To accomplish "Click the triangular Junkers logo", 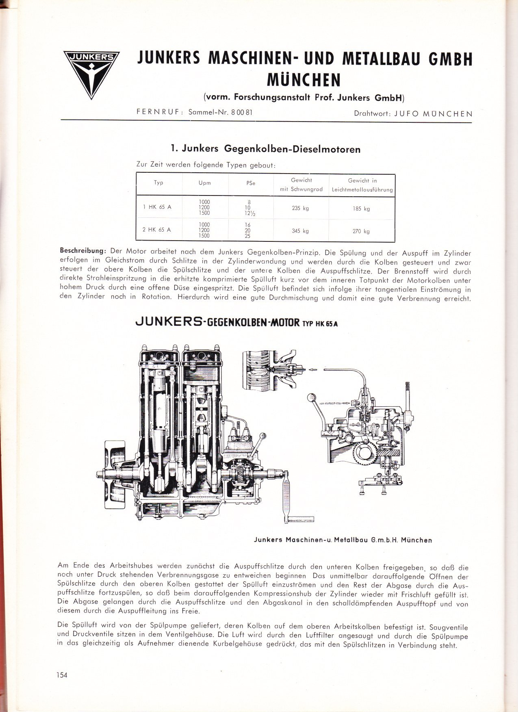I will point(91,74).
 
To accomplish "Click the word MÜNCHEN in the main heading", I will point(303,80).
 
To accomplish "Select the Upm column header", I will point(205,183).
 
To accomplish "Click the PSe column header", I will point(251,183).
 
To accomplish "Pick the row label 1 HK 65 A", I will point(157,207).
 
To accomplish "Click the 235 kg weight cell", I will point(301,208).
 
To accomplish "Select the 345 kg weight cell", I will point(301,231).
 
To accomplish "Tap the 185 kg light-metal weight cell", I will point(361,209).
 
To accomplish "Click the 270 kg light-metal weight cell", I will point(361,231).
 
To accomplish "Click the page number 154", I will point(62,675).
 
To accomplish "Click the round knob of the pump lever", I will point(312,397).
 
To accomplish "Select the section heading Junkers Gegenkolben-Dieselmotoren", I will point(266,149).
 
